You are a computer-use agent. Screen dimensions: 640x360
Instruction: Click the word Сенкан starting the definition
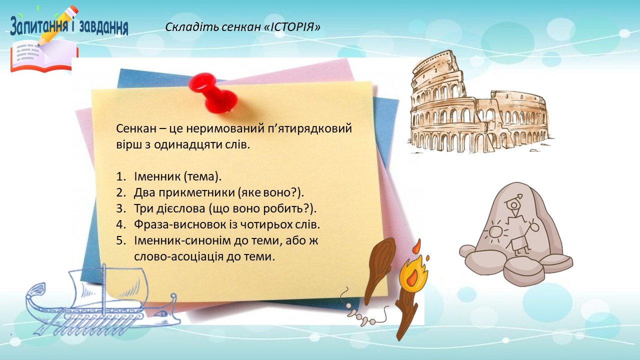click(136, 128)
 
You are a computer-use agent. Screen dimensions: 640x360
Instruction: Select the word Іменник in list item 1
click(157, 176)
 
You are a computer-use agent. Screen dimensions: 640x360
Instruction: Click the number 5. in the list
click(121, 240)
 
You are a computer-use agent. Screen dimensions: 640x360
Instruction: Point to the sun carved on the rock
click(496, 231)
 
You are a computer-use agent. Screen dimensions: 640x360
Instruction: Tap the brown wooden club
click(380, 271)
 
